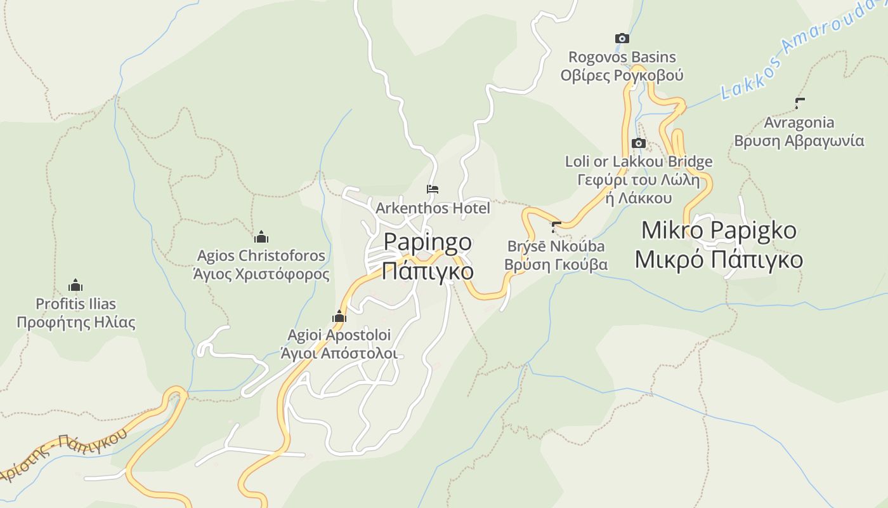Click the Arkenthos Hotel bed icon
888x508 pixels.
pyautogui.click(x=433, y=189)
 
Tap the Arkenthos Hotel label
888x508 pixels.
pyautogui.click(x=433, y=208)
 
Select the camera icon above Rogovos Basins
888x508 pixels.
pyautogui.click(x=622, y=39)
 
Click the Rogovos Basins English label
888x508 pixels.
pyautogui.click(x=622, y=57)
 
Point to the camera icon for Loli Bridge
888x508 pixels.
pyautogui.click(x=639, y=144)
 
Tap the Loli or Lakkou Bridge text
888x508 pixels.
pyautogui.click(x=639, y=162)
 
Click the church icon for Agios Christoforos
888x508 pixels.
pyautogui.click(x=261, y=237)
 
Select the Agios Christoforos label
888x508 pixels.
pyautogui.click(x=261, y=256)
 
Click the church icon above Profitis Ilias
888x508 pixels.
pyautogui.click(x=75, y=285)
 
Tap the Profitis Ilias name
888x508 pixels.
pyautogui.click(x=75, y=304)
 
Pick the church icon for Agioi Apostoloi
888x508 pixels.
pyautogui.click(x=339, y=316)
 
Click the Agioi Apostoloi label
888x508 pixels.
pyautogui.click(x=339, y=335)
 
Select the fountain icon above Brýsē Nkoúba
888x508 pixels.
pyautogui.click(x=556, y=227)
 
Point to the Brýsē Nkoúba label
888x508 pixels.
pyautogui.click(x=556, y=246)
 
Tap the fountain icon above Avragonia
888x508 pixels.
pyautogui.click(x=799, y=103)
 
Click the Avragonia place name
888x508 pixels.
pyautogui.click(x=799, y=122)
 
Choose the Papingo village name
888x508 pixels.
pyautogui.click(x=428, y=242)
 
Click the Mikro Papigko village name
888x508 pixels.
pyautogui.click(x=719, y=230)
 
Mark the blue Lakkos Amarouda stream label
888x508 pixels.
pyautogui.click(x=802, y=51)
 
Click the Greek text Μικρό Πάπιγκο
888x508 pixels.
pyautogui.click(x=719, y=260)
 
